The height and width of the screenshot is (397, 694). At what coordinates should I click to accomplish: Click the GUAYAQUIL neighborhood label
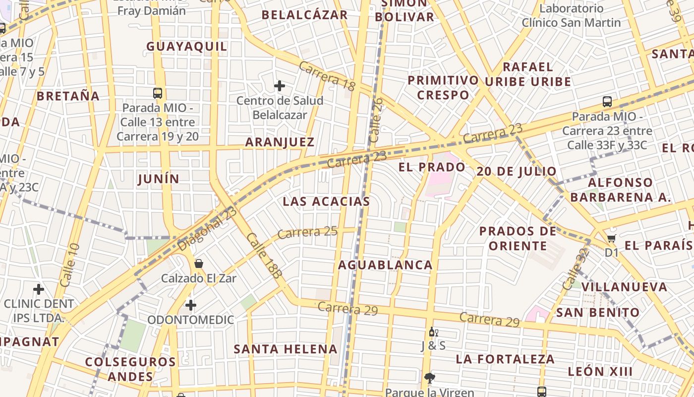coord(186,47)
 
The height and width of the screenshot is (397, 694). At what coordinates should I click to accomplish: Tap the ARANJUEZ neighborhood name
coord(280,142)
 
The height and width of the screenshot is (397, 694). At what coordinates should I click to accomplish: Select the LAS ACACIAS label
coord(326,201)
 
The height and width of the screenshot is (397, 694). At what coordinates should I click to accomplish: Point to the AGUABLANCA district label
coord(385,265)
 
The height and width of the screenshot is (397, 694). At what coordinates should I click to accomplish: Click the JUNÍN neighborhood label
coord(159,179)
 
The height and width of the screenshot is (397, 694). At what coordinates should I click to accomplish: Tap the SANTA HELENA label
coord(286,349)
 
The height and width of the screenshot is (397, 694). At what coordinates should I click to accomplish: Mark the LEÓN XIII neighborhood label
coord(600,372)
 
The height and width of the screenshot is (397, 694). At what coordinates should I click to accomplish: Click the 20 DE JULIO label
coord(517,172)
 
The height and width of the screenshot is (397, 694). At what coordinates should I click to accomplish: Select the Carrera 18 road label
coord(327,76)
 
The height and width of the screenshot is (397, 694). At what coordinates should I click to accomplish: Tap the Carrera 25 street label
coord(307,232)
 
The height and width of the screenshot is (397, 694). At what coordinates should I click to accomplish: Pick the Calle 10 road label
coord(69,265)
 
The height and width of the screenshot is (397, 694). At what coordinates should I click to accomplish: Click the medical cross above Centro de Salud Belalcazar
coord(280,86)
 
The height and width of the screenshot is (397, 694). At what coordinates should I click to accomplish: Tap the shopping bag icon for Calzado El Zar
coord(199,264)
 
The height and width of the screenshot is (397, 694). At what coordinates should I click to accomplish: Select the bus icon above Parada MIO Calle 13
coord(158,93)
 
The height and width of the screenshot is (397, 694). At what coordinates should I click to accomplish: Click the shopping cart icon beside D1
coord(612,238)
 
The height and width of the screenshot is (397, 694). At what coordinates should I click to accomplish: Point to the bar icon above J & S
coord(433,331)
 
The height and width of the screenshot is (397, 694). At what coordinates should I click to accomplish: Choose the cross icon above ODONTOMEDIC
coord(191,305)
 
